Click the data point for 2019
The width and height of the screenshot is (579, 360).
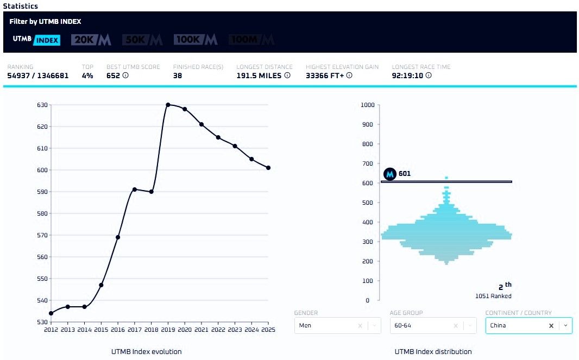(x=168, y=105)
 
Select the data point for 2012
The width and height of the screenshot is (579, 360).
(x=51, y=313)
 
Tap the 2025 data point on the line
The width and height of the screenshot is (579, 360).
(x=268, y=168)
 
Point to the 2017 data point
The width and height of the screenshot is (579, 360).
(x=135, y=190)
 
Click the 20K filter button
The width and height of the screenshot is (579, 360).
(x=91, y=40)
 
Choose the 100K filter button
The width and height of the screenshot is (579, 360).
(x=196, y=40)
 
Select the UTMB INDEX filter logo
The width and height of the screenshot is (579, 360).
(x=36, y=40)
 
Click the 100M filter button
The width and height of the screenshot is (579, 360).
(x=251, y=40)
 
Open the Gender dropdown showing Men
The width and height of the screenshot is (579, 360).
(x=337, y=326)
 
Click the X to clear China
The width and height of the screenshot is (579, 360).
(x=551, y=326)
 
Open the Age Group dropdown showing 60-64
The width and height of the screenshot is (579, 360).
(x=433, y=326)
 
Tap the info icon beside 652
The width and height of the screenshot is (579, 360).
(x=125, y=75)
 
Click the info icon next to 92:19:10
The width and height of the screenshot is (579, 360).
(x=429, y=75)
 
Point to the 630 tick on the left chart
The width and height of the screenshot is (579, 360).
(x=42, y=105)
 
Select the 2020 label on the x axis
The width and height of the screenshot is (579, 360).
(x=185, y=330)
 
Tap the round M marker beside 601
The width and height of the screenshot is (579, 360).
(x=389, y=174)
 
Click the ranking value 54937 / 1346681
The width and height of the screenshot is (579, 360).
(x=38, y=75)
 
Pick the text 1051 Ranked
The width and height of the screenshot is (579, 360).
(x=493, y=296)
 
